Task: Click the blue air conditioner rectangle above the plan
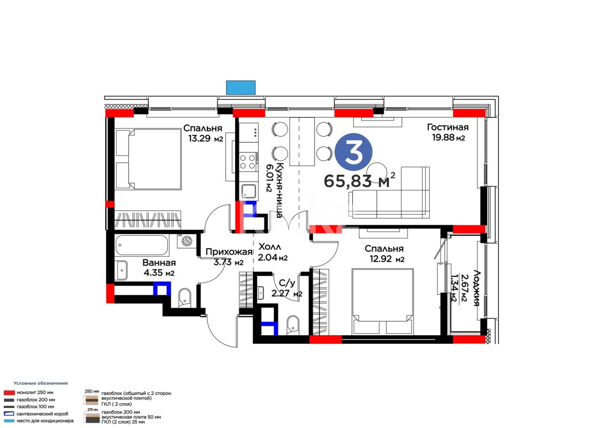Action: click(240, 88)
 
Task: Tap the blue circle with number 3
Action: click(353, 153)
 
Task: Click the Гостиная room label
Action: click(447, 127)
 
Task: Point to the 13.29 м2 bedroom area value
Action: click(205, 139)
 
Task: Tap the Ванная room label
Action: click(159, 263)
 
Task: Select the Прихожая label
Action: click(229, 252)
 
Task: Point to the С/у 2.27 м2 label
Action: click(287, 289)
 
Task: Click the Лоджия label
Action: click(476, 288)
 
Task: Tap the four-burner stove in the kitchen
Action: click(248, 162)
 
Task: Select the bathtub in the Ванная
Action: click(142, 245)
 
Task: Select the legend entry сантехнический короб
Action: click(42, 414)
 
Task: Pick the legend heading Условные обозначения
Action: click(40, 383)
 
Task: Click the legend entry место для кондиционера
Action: click(45, 420)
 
